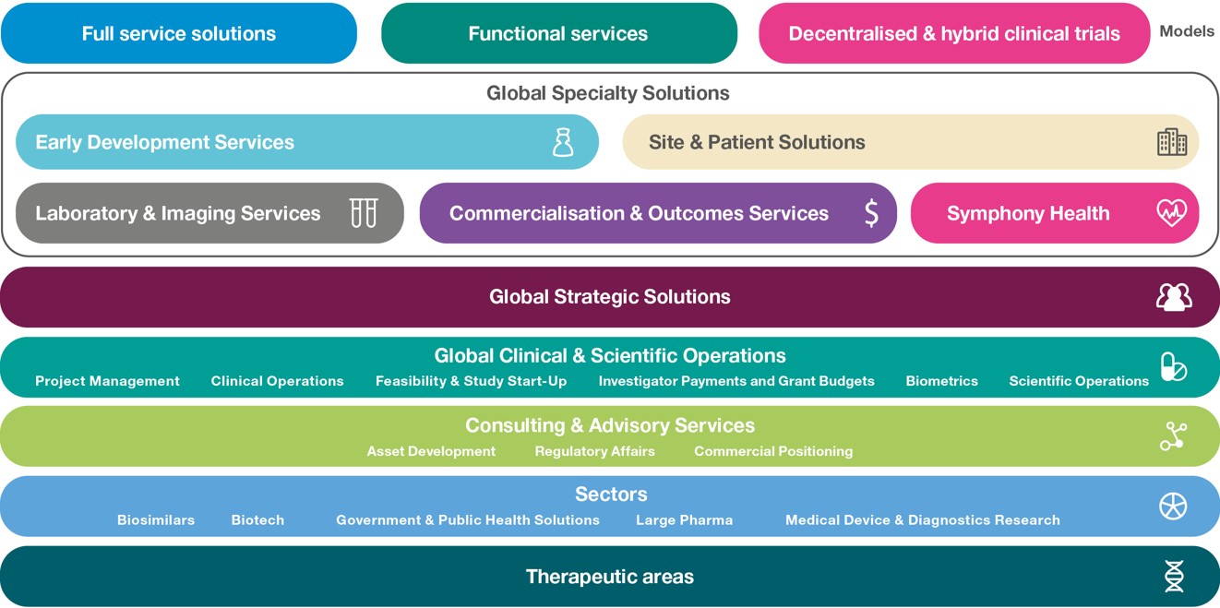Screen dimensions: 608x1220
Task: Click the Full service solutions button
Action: click(178, 34)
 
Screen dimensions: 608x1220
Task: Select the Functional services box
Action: click(558, 34)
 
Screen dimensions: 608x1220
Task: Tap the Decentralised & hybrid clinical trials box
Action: click(953, 34)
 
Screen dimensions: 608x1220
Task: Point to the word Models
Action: click(1187, 31)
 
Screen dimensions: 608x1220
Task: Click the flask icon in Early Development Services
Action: click(563, 142)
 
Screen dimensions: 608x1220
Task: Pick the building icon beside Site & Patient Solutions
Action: click(1172, 142)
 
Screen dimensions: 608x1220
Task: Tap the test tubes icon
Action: click(364, 213)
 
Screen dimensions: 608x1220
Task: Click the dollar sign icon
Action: click(871, 213)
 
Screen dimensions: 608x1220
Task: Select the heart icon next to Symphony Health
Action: click(1172, 213)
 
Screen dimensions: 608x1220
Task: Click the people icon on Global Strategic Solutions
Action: click(1173, 297)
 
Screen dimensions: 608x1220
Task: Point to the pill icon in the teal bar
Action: click(1173, 366)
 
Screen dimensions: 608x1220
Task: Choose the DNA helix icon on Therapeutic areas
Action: click(1173, 577)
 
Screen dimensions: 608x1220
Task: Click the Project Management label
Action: click(107, 381)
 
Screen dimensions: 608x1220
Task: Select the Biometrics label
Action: click(941, 381)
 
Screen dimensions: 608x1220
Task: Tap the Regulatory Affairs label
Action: click(594, 451)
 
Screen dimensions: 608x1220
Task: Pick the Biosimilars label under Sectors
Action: click(156, 520)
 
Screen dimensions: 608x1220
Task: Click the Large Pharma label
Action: click(684, 520)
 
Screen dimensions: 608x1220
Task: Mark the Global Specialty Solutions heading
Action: click(607, 93)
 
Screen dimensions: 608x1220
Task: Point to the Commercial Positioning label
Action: click(773, 451)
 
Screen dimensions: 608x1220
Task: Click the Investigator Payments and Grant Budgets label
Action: click(736, 381)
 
